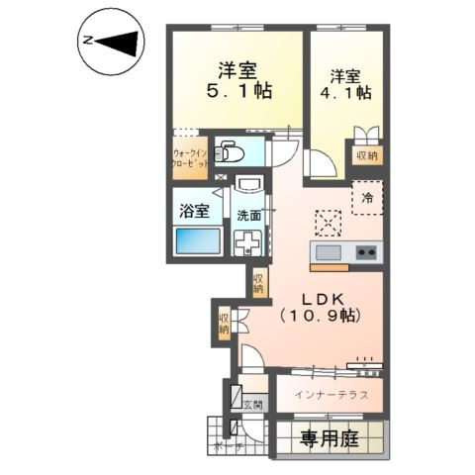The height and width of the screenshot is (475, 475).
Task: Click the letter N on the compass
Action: click(x=87, y=42)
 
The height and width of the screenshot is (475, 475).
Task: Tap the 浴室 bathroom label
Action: click(x=194, y=210)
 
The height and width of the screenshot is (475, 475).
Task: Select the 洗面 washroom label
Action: click(x=248, y=215)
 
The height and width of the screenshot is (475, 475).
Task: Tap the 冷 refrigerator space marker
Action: click(x=367, y=198)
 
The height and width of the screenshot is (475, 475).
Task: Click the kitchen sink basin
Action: click(x=327, y=252)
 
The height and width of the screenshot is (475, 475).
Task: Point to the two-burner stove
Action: click(x=367, y=252)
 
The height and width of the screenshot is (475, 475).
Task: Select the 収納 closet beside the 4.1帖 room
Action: click(x=366, y=154)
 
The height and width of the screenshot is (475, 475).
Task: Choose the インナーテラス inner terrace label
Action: click(x=332, y=394)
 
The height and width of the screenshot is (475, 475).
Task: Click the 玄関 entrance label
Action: click(x=253, y=404)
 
